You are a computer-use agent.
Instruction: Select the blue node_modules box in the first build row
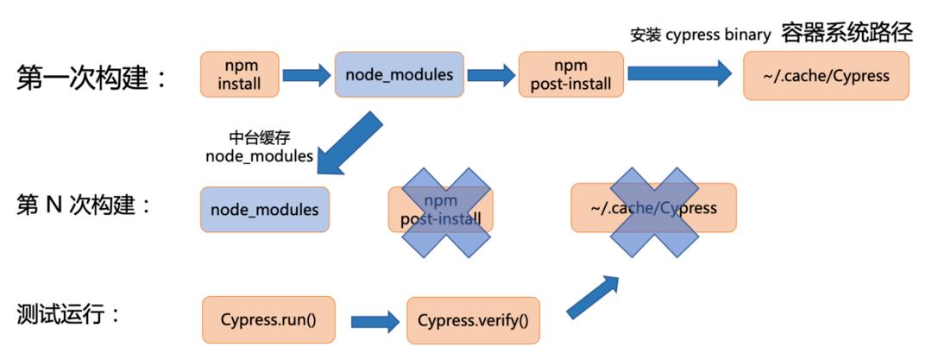(x=399, y=75)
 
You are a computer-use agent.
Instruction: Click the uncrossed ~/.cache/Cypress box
(x=826, y=75)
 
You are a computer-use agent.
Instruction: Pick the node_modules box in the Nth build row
(x=264, y=209)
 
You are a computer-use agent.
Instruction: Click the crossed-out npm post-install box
(x=440, y=209)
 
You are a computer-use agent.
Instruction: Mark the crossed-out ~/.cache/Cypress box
(x=653, y=208)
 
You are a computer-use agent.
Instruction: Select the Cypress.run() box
(x=268, y=319)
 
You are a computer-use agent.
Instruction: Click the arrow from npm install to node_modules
(x=306, y=75)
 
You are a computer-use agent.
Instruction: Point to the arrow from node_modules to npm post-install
(x=492, y=75)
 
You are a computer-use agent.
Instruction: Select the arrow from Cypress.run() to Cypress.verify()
(x=375, y=322)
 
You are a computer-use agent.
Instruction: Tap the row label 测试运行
(x=68, y=315)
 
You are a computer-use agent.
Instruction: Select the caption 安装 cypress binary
(x=700, y=35)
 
